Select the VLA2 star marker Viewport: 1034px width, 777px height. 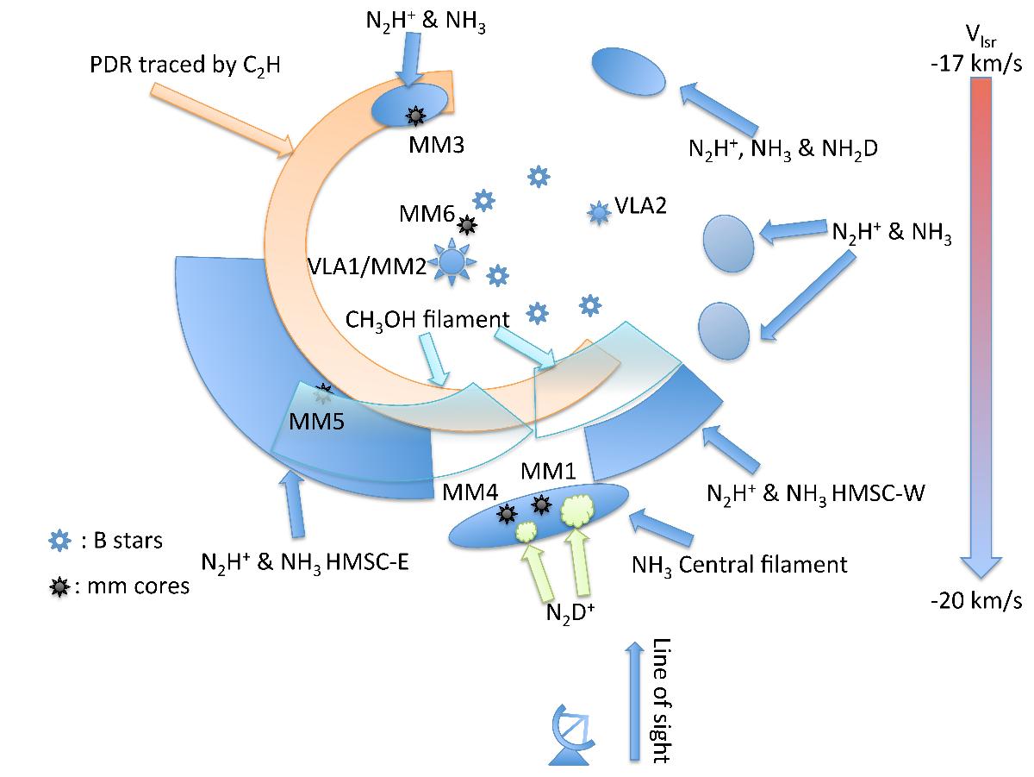click(597, 211)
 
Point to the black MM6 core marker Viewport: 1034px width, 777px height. click(467, 226)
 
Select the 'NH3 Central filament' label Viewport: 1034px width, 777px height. click(739, 566)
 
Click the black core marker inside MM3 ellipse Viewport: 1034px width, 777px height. click(416, 114)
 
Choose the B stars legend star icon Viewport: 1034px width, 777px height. click(58, 541)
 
